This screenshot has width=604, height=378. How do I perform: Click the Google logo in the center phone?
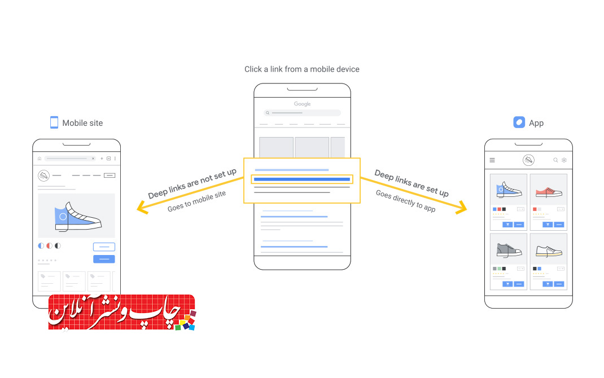point(302,104)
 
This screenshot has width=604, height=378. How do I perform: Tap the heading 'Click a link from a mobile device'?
point(302,69)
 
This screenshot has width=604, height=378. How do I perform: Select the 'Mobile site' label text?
point(82,123)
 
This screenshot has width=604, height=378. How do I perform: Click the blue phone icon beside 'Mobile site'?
point(54,122)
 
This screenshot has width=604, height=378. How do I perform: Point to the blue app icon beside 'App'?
point(519,122)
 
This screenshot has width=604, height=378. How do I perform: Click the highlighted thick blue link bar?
point(302,179)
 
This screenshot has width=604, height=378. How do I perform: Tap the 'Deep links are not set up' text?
point(192,183)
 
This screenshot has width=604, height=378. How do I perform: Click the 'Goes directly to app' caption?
point(406,201)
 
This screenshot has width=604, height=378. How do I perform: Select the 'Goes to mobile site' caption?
point(196,201)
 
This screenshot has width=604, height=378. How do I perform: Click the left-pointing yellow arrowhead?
point(142,208)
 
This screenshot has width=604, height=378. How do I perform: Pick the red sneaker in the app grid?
point(549,191)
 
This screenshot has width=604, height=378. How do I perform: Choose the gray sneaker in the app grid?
point(509,250)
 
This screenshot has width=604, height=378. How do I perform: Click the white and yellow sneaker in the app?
point(549,251)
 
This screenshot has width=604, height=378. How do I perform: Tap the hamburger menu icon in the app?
point(492,160)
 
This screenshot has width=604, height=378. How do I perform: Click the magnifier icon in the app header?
point(555,160)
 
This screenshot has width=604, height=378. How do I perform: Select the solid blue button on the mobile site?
point(104,259)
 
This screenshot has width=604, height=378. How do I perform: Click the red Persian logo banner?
point(122,312)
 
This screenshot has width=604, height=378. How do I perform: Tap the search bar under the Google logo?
point(302,113)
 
